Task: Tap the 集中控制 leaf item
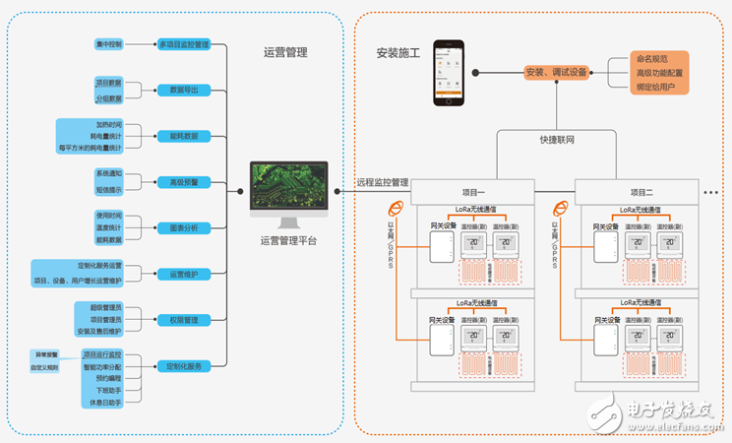coord(110,44)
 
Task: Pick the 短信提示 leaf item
coord(109,189)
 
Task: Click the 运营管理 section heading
coord(285,52)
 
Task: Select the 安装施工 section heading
coord(397,52)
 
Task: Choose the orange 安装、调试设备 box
coord(556,72)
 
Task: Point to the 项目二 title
coord(643,191)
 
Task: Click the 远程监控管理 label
coord(382,182)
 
